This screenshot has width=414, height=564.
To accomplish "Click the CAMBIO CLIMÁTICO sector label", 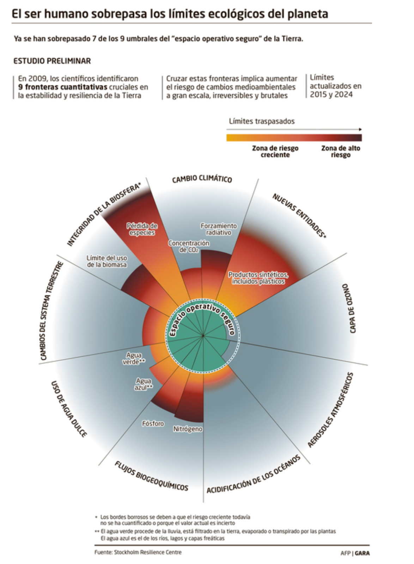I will tap(202, 179).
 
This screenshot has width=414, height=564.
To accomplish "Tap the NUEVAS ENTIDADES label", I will tap(299, 215).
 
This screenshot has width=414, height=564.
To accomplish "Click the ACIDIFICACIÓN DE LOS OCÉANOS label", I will tap(253, 474).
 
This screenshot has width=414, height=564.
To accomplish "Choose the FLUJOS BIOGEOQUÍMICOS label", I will tap(151, 476).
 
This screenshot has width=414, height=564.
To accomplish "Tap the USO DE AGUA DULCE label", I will tap(69, 409).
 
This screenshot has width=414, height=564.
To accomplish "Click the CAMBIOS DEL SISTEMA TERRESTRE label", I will tap(51, 311).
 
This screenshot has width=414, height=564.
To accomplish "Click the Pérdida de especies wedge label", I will tap(142, 229).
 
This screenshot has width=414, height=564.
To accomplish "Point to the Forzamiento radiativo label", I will tap(219, 229).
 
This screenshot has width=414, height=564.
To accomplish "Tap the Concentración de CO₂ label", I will tap(189, 246).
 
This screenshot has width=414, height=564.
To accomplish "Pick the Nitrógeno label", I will tap(188, 429).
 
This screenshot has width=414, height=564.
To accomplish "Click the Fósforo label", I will tap(153, 423).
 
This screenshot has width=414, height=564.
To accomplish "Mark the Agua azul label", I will tap(144, 384).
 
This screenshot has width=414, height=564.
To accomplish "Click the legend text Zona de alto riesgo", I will tap(341, 152).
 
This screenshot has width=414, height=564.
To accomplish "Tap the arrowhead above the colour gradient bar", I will tap(360, 130).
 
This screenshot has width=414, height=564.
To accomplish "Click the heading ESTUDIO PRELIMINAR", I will tap(52, 61).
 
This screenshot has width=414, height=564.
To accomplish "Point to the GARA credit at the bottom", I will tap(362, 553).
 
